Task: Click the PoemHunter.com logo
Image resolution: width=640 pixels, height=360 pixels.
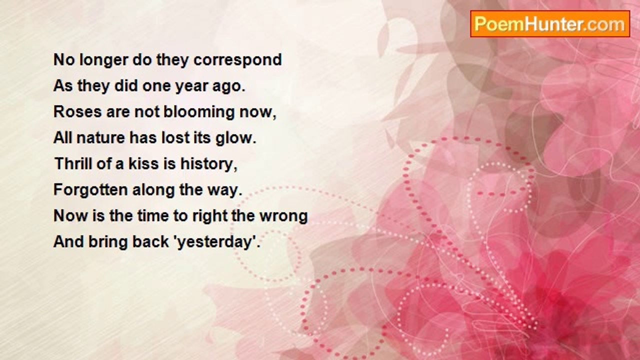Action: pos(550,24)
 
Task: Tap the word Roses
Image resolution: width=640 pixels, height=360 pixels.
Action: pos(77,111)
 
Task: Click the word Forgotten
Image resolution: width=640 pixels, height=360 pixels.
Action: pos(90,189)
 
